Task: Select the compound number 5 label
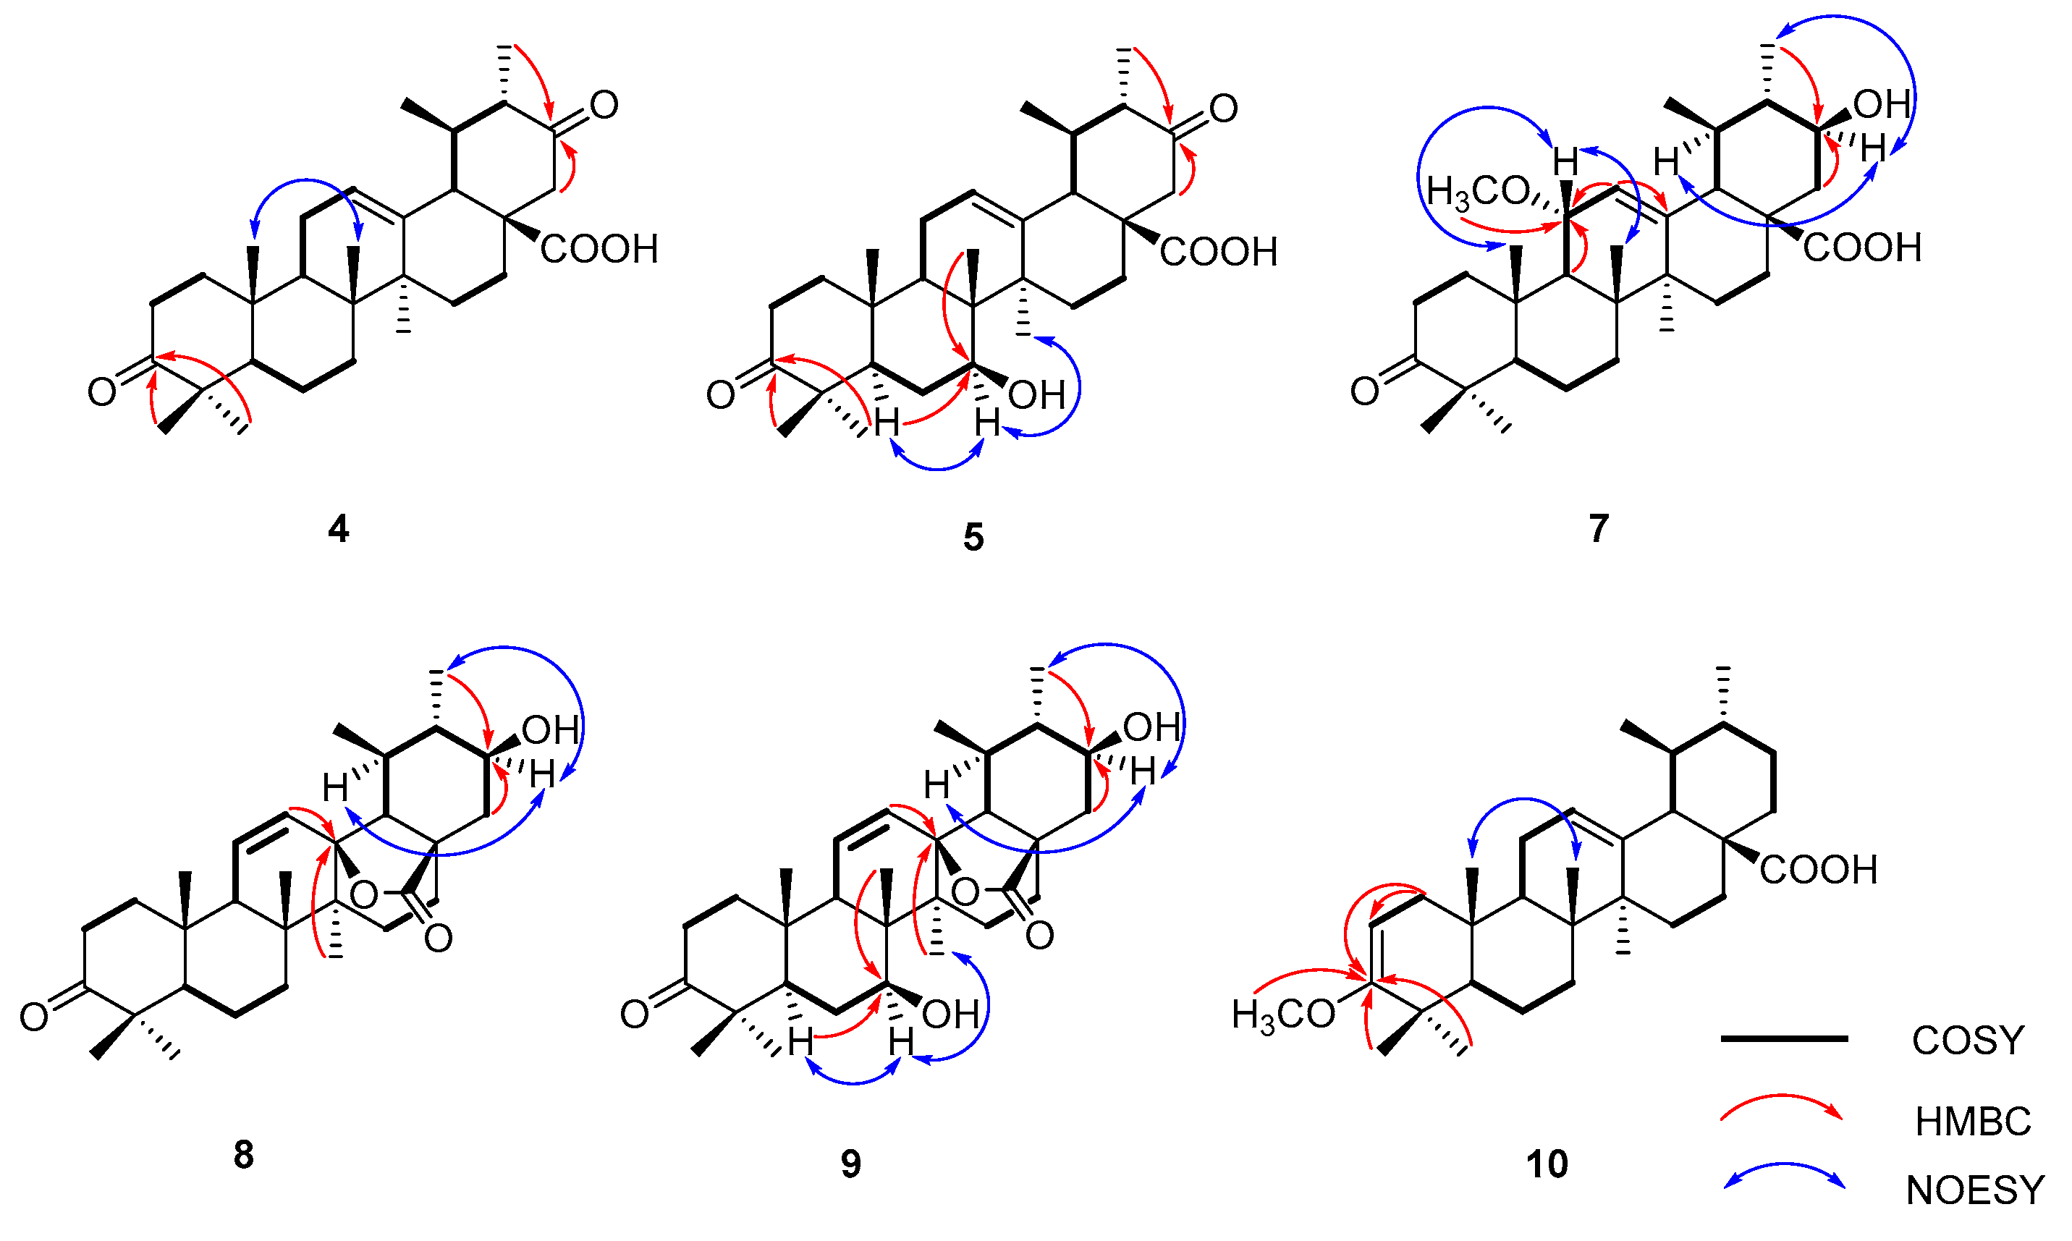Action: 973,538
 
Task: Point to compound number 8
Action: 242,1155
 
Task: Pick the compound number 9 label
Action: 850,1164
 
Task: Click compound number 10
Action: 1546,1164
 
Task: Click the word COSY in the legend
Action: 1968,1041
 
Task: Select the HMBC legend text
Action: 1973,1122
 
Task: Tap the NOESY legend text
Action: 1974,1191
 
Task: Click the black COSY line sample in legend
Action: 1783,1038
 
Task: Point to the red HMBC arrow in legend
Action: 1781,1107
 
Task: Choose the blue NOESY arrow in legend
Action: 1783,1176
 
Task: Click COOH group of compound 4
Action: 599,249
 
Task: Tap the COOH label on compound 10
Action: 1818,870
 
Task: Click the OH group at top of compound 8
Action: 550,731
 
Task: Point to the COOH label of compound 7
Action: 1862,247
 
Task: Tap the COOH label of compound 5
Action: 1218,252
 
